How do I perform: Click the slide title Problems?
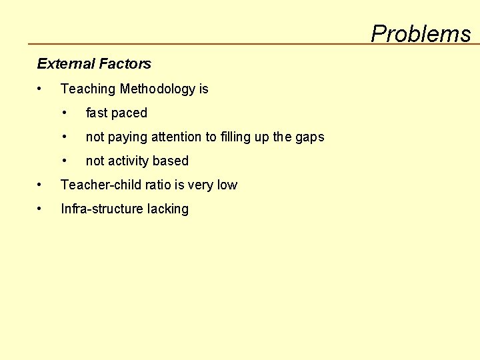(x=421, y=33)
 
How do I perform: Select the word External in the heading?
(x=65, y=64)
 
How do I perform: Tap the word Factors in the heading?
(x=125, y=64)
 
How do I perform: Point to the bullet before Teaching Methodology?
(x=41, y=89)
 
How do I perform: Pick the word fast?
(x=97, y=113)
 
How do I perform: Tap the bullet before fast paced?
(x=65, y=113)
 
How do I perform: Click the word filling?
(x=237, y=137)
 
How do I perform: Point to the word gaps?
(x=309, y=138)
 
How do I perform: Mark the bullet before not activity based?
(x=65, y=161)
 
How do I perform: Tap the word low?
(x=227, y=185)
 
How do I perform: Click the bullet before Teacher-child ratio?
(x=41, y=185)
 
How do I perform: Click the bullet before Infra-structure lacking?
(x=41, y=209)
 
